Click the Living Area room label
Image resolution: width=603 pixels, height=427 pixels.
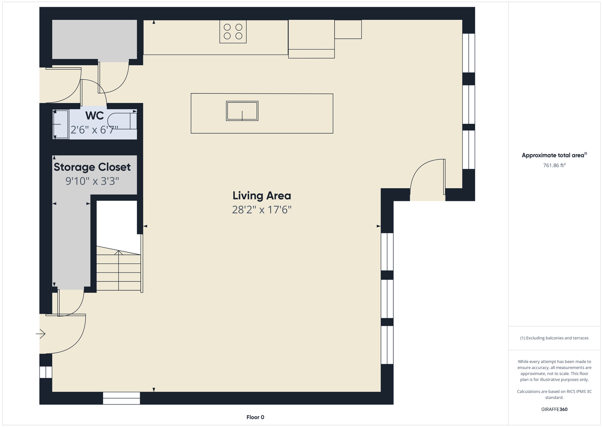click(x=262, y=196)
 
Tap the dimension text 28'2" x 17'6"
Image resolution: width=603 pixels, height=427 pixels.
click(x=262, y=210)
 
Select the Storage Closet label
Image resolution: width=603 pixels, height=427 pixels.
click(x=92, y=167)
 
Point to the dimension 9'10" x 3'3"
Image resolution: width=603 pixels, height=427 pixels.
click(x=92, y=181)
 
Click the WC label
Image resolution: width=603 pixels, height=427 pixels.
click(x=94, y=115)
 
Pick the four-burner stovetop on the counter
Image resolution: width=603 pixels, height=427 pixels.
click(x=233, y=32)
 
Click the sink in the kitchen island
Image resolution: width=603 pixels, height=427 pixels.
click(x=242, y=111)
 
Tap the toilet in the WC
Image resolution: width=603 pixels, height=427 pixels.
click(x=122, y=121)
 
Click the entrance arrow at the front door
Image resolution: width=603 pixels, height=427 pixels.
click(x=41, y=334)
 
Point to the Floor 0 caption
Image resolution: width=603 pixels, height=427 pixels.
click(x=255, y=417)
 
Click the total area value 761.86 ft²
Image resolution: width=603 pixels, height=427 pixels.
click(x=554, y=165)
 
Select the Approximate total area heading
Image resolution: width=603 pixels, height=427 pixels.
click(x=554, y=155)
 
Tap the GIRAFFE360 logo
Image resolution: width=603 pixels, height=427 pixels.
click(x=554, y=409)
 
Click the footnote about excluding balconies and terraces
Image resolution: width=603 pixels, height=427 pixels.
click(x=554, y=338)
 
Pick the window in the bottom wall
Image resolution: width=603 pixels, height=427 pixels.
click(x=121, y=398)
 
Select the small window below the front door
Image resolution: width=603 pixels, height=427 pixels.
click(x=46, y=372)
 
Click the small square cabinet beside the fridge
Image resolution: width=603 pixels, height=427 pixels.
click(x=348, y=29)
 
